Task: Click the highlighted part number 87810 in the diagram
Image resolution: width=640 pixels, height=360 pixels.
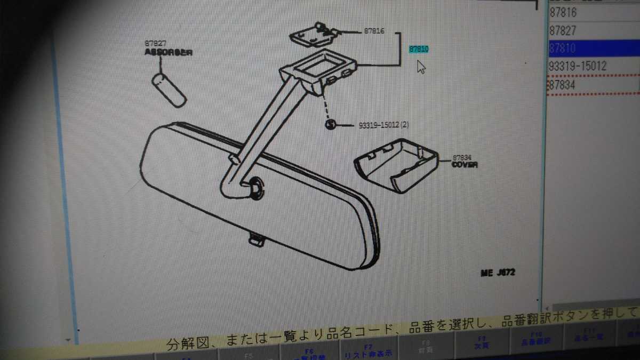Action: [x=419, y=50]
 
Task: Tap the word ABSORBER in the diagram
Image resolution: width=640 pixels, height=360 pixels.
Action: [x=168, y=53]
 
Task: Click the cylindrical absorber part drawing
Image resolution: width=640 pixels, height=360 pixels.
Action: [x=169, y=89]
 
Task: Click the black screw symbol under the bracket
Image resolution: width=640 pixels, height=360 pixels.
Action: [x=331, y=125]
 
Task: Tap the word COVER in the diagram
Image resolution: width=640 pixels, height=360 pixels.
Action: [x=464, y=165]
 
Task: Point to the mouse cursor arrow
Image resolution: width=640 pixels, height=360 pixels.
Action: [x=421, y=67]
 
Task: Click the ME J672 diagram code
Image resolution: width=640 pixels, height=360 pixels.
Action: [x=498, y=273]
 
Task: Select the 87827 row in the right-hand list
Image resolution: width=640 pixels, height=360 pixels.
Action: [x=564, y=30]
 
